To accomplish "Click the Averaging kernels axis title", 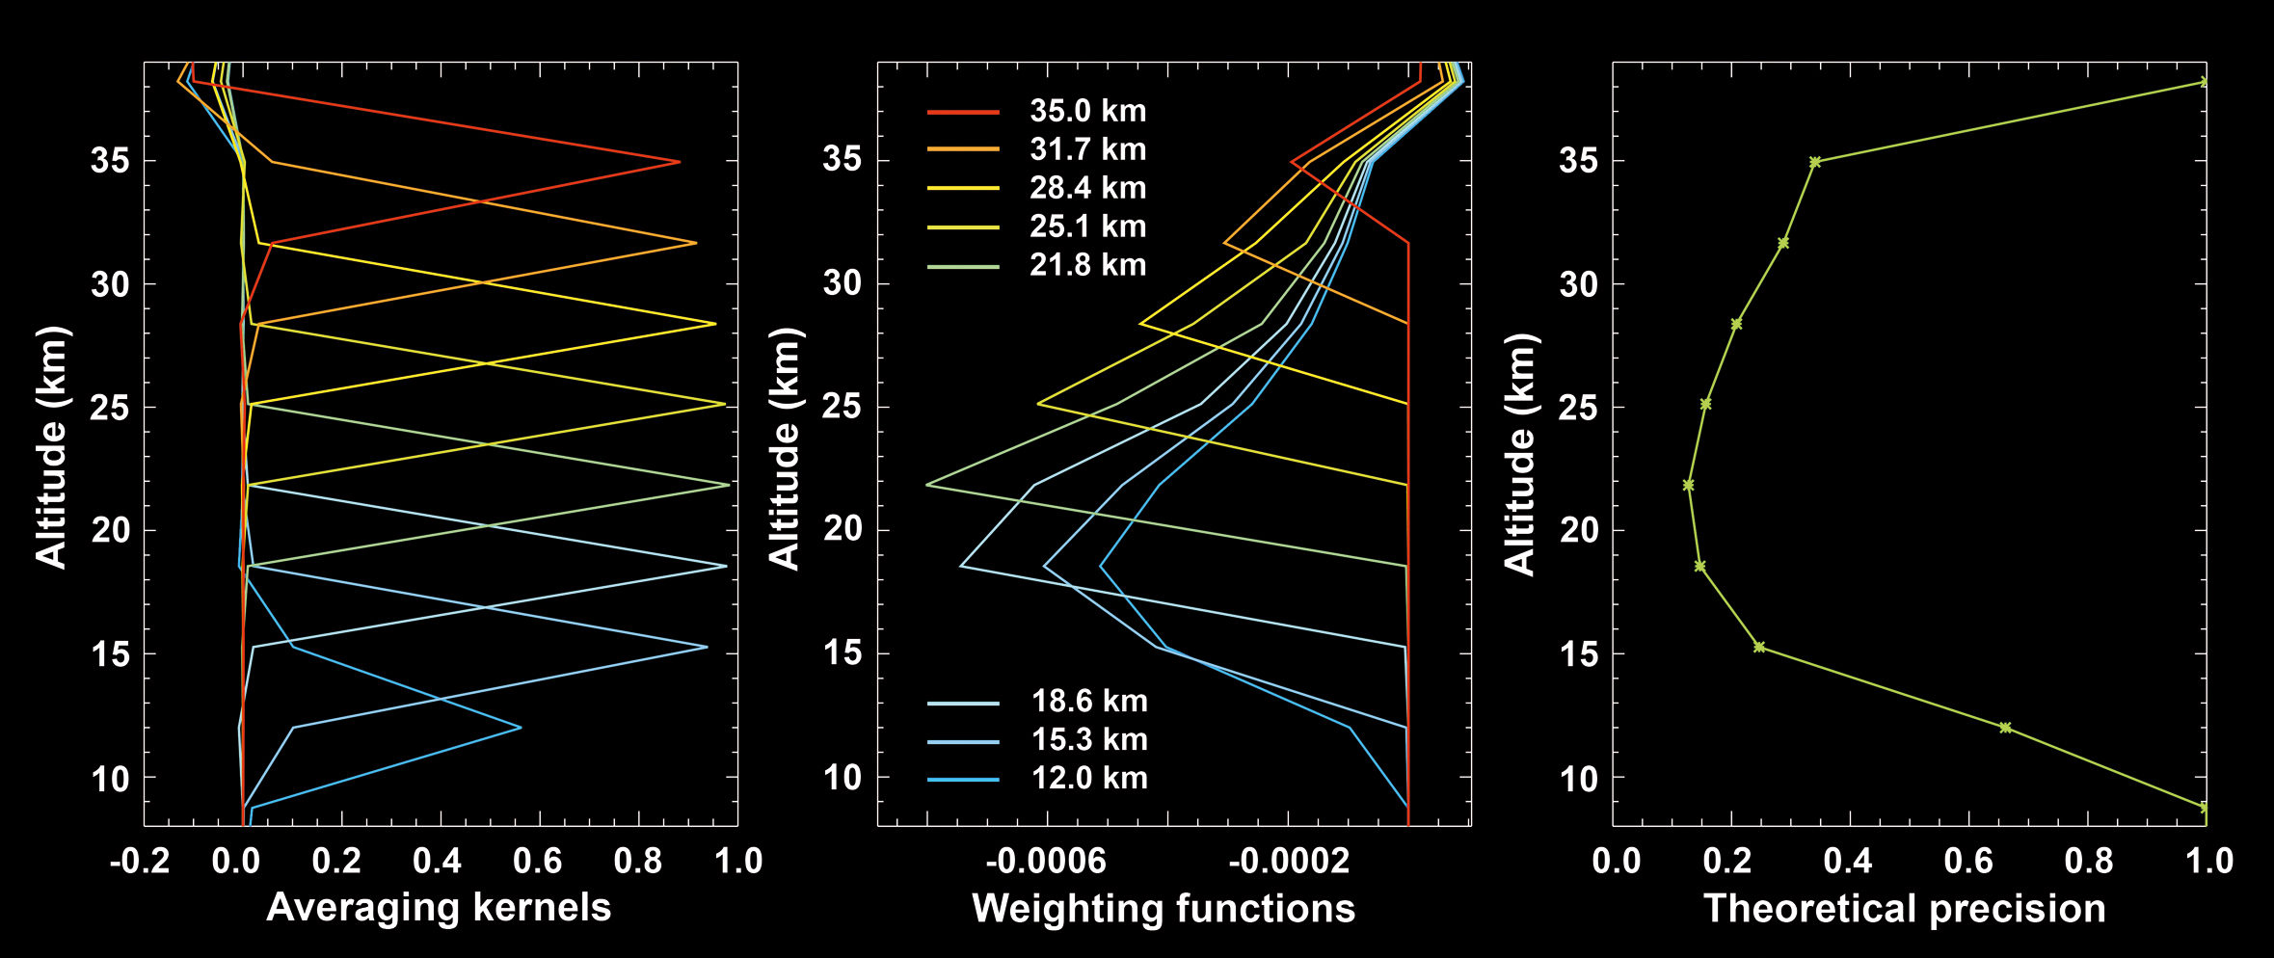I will tap(439, 908).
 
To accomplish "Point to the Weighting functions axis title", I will tap(1164, 909).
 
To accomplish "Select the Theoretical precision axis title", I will tap(1905, 909).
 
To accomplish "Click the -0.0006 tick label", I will tap(1046, 861).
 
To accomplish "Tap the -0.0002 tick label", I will tap(1290, 861).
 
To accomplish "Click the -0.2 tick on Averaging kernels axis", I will tap(140, 861).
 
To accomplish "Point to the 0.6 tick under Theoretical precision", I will tap(1968, 861).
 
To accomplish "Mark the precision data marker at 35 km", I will tap(1815, 162).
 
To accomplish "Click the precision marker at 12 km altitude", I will tap(2005, 728).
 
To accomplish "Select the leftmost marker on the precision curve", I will tap(1688, 485).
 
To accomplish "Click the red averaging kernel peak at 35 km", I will tap(680, 162).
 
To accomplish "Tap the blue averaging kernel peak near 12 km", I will tap(521, 728).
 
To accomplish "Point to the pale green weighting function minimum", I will tap(927, 485).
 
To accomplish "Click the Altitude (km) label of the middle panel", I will tap(785, 448).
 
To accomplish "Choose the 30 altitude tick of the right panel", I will tap(1578, 284).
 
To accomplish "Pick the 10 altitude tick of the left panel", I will tap(111, 778).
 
